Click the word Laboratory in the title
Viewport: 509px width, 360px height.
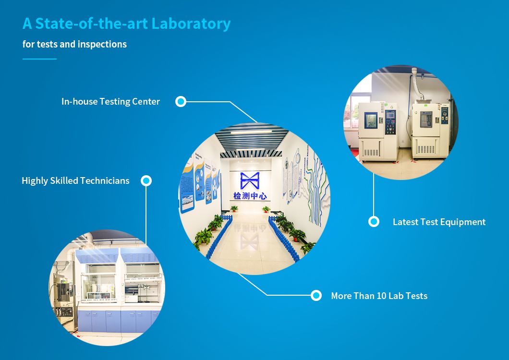(x=191, y=24)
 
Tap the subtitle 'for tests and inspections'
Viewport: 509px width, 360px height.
(x=74, y=44)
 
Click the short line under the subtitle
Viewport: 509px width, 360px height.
(x=39, y=59)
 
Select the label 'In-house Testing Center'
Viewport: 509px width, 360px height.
(x=111, y=102)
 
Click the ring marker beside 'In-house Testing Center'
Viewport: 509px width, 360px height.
(x=181, y=102)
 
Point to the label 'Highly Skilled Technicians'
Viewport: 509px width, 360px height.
(x=76, y=181)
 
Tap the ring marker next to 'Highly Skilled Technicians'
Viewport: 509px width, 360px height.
(x=146, y=181)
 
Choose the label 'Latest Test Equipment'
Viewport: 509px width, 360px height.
(x=439, y=222)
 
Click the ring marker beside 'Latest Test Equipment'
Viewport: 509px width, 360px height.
(x=374, y=222)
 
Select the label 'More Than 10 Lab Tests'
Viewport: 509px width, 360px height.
(x=379, y=296)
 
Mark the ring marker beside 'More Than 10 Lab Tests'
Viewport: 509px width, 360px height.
(x=316, y=296)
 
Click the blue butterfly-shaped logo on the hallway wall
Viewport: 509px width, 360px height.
(x=250, y=181)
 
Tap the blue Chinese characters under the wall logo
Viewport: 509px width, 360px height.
(x=250, y=196)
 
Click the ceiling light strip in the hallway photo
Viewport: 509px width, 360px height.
(x=251, y=132)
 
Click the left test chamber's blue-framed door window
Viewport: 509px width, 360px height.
(x=371, y=120)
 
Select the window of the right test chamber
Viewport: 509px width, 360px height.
(x=426, y=120)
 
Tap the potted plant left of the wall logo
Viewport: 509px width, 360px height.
(x=234, y=208)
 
